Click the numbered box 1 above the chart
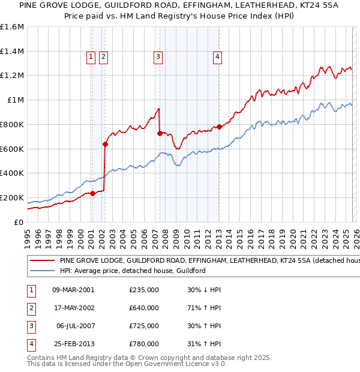click(x=91, y=57)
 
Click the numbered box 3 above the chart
click(x=158, y=57)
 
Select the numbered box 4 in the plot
click(x=217, y=57)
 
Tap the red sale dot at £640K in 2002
click(x=105, y=144)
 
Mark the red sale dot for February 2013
click(x=219, y=127)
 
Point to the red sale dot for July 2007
click(x=160, y=133)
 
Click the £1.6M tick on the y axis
click(x=12, y=27)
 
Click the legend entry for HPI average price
click(x=133, y=271)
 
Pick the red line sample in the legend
click(x=43, y=261)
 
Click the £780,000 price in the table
click(x=143, y=344)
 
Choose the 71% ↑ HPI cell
click(x=204, y=308)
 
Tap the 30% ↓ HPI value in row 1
click(x=204, y=290)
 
